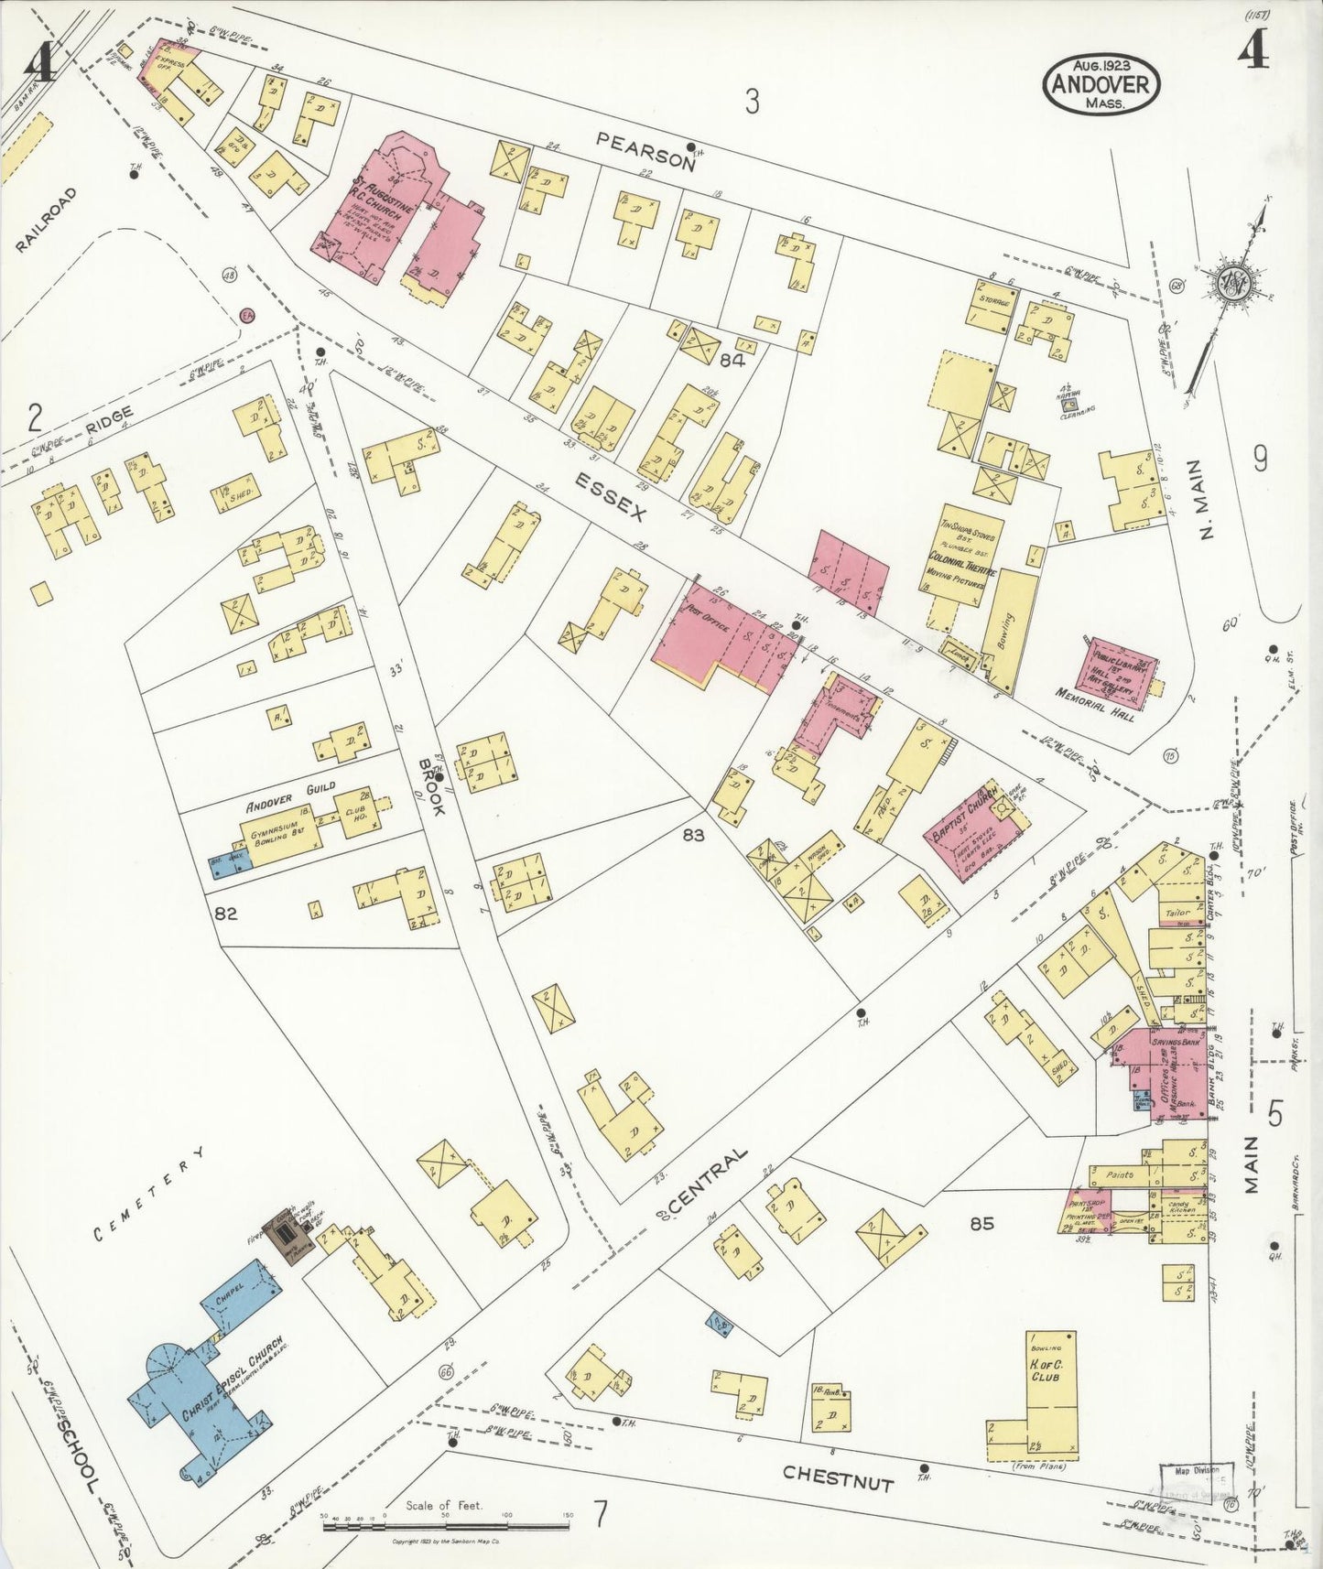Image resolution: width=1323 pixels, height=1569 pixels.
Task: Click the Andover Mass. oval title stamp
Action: click(1101, 84)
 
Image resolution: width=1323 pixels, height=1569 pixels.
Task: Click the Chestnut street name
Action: click(838, 1477)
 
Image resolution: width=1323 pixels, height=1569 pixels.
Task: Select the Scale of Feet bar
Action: click(446, 1526)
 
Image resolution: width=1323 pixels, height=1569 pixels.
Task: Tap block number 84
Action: click(732, 361)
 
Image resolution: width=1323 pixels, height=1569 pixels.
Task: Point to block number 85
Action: click(981, 1222)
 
